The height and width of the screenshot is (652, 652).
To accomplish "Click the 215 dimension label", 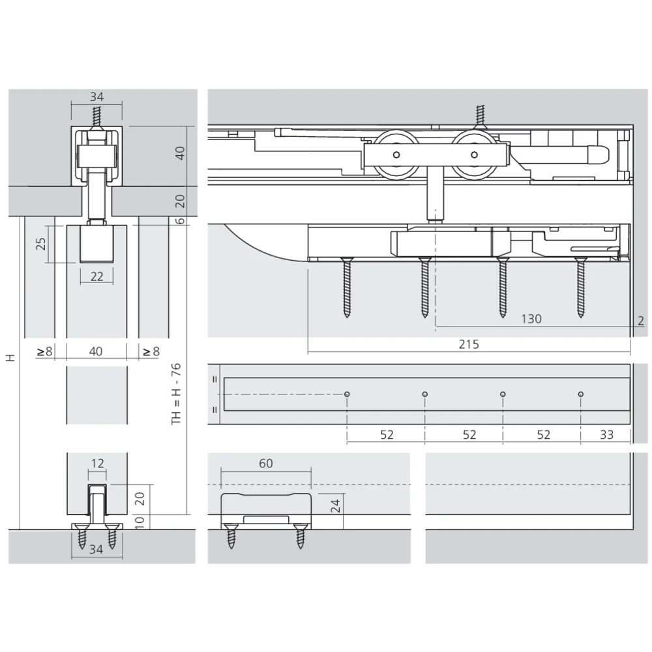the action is click(469, 344).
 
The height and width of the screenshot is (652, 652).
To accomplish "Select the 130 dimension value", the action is click(531, 319).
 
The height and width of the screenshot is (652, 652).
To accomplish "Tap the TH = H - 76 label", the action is click(176, 394).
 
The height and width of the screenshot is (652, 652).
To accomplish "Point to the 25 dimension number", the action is click(40, 244).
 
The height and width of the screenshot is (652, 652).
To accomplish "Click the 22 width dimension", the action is click(97, 276).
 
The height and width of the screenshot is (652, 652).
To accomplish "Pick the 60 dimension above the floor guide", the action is click(266, 463).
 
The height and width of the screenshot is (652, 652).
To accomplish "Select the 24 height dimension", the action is click(335, 506).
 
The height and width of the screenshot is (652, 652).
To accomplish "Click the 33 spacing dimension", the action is click(606, 434).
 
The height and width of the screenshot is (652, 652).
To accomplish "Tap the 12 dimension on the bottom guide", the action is click(97, 463).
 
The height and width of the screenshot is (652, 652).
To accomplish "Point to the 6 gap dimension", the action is click(180, 220).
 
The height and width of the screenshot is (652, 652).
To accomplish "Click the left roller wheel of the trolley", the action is click(396, 155).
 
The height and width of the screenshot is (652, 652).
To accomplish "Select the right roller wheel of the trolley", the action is click(474, 155).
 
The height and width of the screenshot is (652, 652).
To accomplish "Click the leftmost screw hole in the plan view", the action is click(347, 394).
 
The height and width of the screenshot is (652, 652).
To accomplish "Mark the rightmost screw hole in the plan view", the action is click(581, 394).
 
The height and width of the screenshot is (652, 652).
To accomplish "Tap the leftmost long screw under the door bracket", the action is click(347, 288).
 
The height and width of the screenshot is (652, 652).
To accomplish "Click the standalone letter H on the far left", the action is click(10, 357).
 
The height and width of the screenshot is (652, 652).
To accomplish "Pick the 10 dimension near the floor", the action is click(140, 522).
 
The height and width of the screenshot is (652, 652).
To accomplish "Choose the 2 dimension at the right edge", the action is click(641, 321).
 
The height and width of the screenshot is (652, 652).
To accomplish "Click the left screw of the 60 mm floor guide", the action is click(231, 537).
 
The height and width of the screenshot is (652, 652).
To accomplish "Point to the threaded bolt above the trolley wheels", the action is click(481, 116).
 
